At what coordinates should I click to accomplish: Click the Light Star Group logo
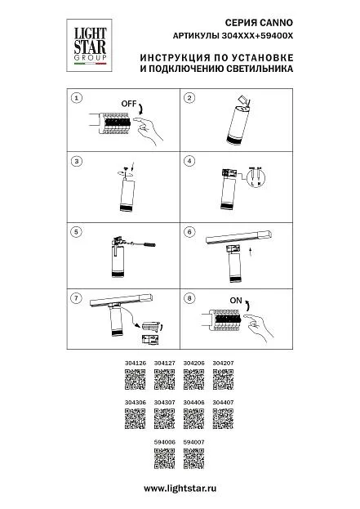89,46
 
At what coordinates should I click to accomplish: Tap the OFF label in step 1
128,104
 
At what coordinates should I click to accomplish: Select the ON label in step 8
236,301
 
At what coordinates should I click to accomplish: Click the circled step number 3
77,161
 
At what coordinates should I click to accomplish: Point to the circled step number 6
189,232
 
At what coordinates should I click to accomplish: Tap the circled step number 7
76,298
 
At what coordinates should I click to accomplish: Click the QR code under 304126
135,379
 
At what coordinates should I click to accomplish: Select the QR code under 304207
223,379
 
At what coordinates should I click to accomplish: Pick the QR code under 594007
194,458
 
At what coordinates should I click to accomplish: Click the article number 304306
136,403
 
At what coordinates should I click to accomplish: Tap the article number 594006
164,442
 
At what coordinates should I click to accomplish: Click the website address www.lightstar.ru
180,489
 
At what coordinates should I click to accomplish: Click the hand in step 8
259,327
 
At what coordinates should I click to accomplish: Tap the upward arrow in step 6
250,252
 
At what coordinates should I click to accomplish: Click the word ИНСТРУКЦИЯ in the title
176,58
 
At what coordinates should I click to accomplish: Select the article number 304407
223,403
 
